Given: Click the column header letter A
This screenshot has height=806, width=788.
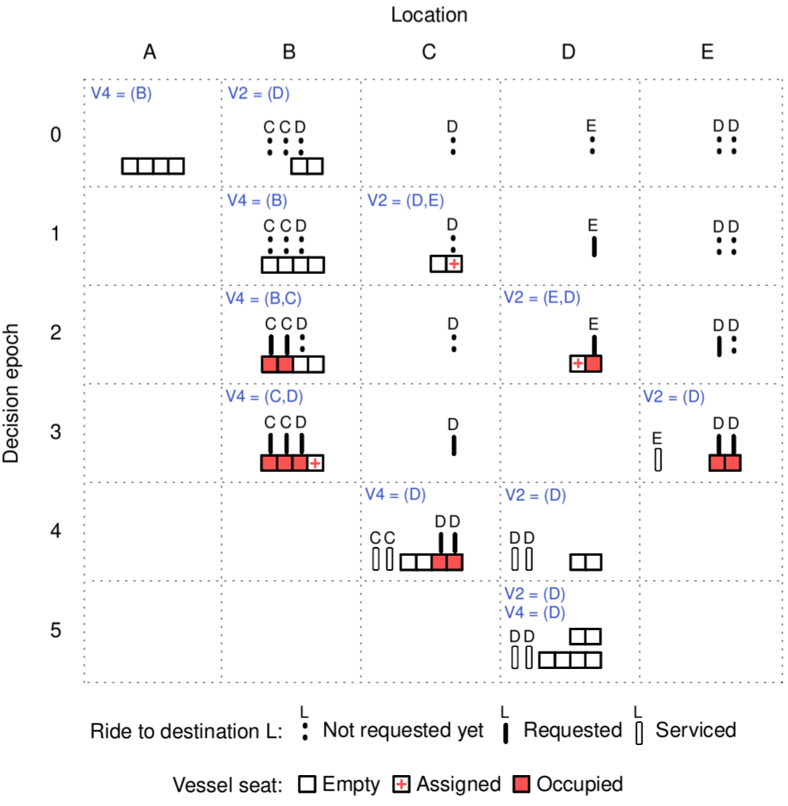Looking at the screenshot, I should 150,52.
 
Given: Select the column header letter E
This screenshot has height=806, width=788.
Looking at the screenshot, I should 707,52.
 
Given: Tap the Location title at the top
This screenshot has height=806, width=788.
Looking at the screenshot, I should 428,14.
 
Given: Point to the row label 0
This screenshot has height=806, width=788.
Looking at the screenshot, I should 55,135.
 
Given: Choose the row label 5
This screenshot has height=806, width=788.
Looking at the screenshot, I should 55,630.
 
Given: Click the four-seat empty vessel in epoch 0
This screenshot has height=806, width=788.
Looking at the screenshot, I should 153,165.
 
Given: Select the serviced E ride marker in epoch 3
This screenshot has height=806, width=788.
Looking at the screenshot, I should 657,459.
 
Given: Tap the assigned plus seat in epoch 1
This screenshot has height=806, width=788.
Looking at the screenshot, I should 454,264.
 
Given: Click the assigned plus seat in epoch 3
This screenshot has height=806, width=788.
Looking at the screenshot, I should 315,462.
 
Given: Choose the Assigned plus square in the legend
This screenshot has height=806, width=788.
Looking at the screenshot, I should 402,785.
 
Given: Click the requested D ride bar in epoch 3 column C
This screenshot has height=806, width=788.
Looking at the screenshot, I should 454,444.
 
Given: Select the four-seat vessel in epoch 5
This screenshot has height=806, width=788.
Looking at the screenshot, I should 570,660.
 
